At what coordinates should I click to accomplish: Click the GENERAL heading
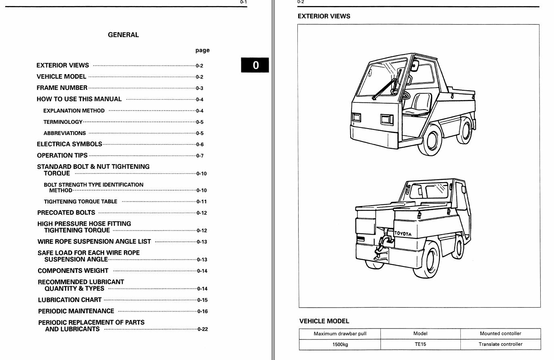(123, 35)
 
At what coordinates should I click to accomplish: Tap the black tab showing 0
(255, 65)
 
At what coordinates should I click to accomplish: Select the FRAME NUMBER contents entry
(62, 88)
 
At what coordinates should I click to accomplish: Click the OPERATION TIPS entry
(62, 156)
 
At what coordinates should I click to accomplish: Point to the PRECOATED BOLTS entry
(66, 213)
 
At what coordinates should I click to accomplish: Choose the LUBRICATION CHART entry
(69, 300)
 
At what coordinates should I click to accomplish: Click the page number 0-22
(203, 329)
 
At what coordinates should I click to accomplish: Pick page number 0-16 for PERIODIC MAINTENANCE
(203, 311)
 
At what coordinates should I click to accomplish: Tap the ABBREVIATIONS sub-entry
(65, 133)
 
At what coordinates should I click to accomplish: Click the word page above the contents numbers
(203, 50)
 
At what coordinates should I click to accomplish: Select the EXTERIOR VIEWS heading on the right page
(324, 17)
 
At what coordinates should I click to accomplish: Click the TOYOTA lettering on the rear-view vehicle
(403, 233)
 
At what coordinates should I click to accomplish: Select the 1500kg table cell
(340, 345)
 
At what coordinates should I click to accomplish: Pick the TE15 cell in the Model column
(420, 344)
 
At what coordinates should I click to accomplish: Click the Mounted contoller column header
(500, 333)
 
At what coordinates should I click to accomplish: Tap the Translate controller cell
(500, 344)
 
